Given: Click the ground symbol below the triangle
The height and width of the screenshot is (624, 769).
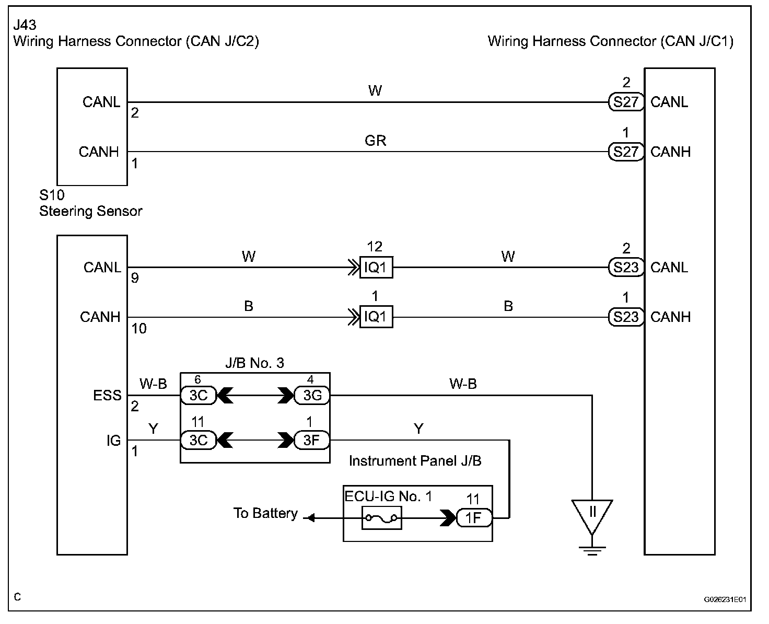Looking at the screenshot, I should (592, 550).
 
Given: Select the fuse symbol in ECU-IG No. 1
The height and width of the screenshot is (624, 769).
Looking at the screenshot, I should (382, 518).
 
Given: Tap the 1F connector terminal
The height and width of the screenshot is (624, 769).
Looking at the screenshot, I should (473, 518).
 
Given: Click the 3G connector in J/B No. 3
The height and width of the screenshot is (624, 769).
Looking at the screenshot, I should (312, 396).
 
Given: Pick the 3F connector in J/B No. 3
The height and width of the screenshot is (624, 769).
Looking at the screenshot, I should (312, 440).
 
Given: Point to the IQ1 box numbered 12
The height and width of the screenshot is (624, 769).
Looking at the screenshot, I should (376, 268).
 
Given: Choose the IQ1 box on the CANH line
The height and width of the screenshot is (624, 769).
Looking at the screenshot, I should (376, 317).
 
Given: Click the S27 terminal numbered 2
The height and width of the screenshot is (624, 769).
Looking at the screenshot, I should (626, 102).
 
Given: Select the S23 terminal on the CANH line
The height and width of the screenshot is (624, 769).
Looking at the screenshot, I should (626, 317).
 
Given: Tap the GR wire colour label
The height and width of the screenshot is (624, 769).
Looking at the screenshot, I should (375, 141).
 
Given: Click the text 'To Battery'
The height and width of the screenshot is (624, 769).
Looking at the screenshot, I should (265, 513).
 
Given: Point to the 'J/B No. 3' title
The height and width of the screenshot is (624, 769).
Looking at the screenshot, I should (254, 363).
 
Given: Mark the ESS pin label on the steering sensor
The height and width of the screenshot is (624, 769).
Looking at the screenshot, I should (107, 396).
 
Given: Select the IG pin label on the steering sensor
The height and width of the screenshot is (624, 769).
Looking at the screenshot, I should (113, 441).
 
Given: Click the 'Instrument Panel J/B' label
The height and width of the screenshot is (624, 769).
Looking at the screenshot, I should (415, 461).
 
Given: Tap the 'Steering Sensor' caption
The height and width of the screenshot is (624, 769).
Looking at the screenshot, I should (90, 211).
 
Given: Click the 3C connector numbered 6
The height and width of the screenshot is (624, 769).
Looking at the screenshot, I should (199, 396).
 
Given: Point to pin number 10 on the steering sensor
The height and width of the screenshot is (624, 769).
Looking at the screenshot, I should (139, 329).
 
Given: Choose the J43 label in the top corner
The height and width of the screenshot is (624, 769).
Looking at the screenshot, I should (25, 25).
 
